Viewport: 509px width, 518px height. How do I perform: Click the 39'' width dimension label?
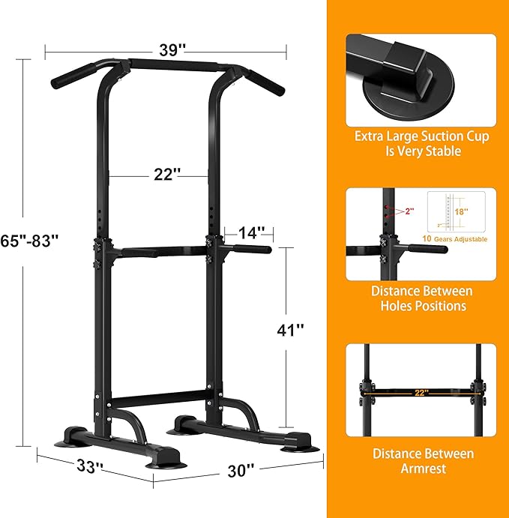click(172, 50)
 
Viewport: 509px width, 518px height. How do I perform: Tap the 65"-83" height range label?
click(30, 241)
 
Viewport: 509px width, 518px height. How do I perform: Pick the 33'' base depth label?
click(89, 467)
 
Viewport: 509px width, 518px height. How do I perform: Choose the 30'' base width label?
click(242, 470)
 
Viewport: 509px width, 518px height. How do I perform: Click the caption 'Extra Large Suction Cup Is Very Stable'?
click(423, 144)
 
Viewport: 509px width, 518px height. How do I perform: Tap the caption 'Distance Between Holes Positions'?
click(423, 298)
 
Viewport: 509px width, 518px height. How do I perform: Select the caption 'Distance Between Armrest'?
click(423, 461)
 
